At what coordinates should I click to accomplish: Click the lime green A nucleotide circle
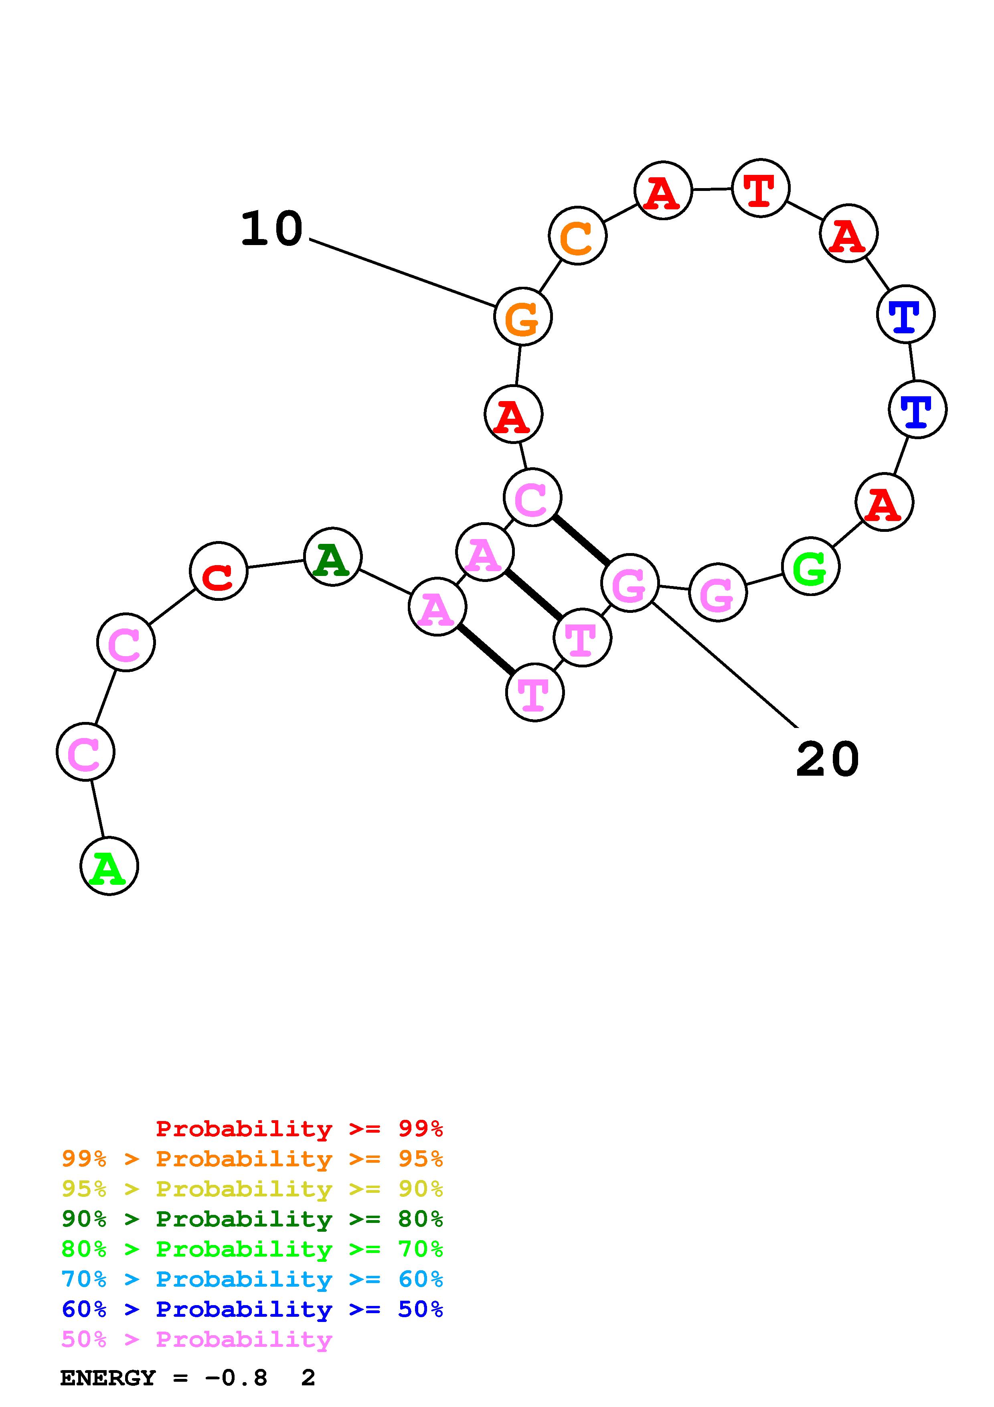(x=109, y=866)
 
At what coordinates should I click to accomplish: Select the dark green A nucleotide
(x=332, y=556)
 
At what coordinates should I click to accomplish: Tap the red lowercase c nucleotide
(x=219, y=571)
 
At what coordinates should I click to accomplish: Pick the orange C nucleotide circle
(x=577, y=236)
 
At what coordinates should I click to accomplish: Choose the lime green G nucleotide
(x=811, y=566)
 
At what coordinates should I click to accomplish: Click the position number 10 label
(x=271, y=229)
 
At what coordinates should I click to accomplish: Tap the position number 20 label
(x=828, y=759)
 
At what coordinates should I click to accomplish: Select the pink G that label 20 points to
(x=630, y=583)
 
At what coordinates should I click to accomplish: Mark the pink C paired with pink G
(x=532, y=497)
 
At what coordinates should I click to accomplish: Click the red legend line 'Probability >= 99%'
(x=299, y=1128)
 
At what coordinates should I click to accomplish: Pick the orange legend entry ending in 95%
(x=252, y=1159)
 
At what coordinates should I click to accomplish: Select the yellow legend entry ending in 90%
(x=252, y=1189)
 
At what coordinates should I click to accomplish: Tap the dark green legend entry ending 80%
(x=252, y=1219)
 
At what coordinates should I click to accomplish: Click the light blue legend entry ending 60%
(x=252, y=1279)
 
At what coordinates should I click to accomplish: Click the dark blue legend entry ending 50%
(x=252, y=1309)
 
